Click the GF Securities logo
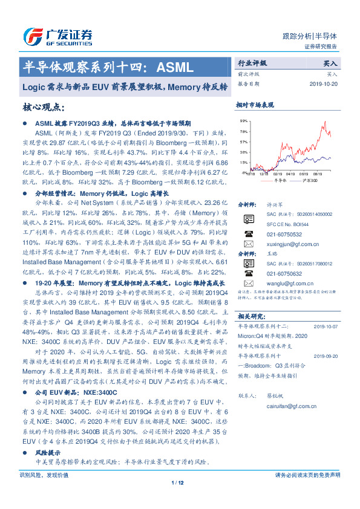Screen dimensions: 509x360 57,34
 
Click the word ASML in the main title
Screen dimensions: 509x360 175,65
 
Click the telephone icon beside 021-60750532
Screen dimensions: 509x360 249,233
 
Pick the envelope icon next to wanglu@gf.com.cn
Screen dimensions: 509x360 249,282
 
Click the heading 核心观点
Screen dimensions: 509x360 44,108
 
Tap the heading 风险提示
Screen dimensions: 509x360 48,452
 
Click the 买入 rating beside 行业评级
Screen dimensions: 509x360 330,63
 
